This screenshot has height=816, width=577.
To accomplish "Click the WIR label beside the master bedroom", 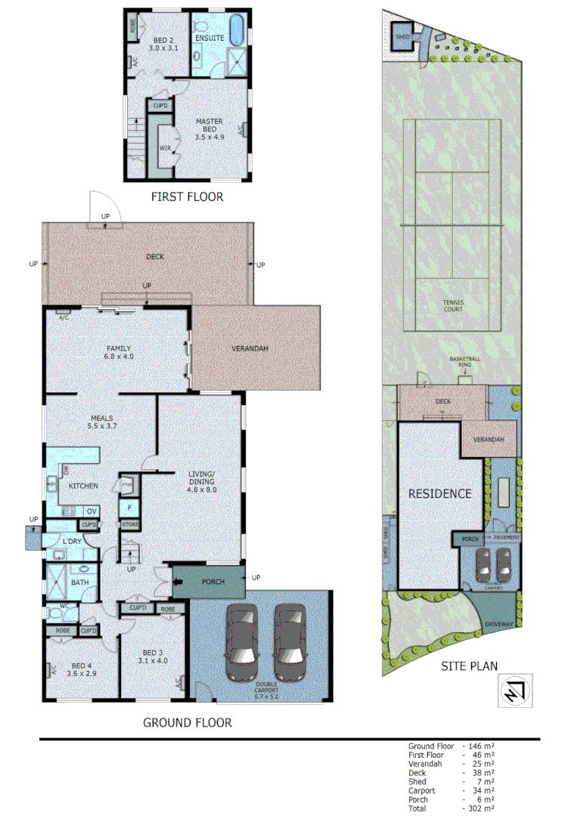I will click(164, 148).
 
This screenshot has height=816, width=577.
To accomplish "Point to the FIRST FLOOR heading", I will click(187, 197).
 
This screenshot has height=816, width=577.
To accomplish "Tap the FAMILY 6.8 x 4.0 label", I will click(119, 353).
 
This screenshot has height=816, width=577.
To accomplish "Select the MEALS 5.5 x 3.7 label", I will click(102, 421).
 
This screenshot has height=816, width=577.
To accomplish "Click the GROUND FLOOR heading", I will click(188, 723).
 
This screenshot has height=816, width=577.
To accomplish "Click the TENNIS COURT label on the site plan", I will click(454, 305).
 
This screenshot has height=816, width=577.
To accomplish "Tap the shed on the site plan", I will click(401, 35).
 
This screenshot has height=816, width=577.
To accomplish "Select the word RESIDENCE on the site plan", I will click(440, 493).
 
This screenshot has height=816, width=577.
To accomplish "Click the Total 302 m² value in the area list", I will click(479, 808).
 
